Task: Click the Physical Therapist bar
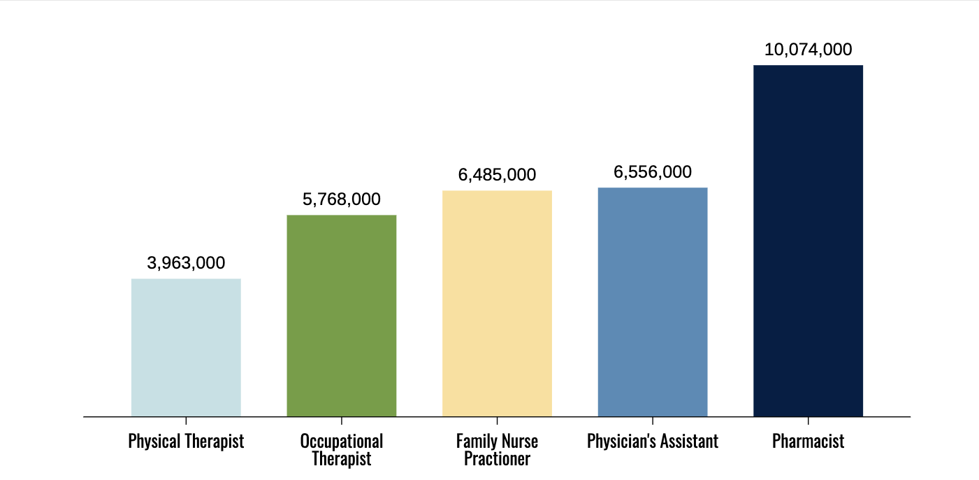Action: tap(186, 347)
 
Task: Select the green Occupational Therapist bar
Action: tap(342, 316)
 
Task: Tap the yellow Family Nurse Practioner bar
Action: tap(497, 303)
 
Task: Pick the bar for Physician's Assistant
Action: tap(653, 302)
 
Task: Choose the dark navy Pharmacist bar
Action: tap(808, 241)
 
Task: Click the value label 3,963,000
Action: tap(186, 263)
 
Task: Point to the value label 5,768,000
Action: tap(342, 199)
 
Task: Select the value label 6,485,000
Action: tap(497, 175)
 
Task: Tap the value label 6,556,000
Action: tap(653, 172)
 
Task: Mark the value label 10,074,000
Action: tap(808, 50)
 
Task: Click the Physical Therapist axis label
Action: tap(186, 442)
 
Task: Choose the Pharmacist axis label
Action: tap(808, 442)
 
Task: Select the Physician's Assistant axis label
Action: tap(653, 442)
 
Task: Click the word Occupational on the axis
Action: tap(342, 442)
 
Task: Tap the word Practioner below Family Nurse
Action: tap(497, 459)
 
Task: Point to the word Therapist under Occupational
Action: tap(342, 459)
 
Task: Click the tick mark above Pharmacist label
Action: tap(808, 421)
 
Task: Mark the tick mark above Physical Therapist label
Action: tap(186, 421)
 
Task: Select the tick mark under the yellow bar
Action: tap(497, 421)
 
